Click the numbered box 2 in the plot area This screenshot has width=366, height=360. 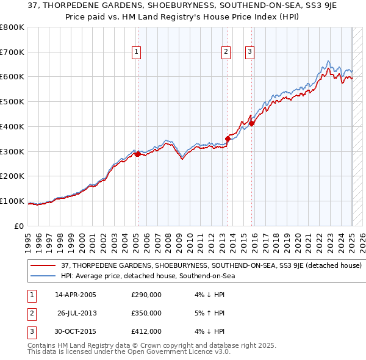click(226, 52)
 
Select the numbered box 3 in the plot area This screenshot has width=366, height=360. click(250, 52)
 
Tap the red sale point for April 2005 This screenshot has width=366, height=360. click(138, 154)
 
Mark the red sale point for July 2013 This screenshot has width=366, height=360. click(228, 139)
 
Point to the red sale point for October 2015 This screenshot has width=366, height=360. click(252, 123)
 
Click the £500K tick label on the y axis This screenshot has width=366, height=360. click(12, 102)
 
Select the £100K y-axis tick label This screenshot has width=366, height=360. click(12, 201)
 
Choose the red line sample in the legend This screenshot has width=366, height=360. click(45, 266)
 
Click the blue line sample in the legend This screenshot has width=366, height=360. click(45, 276)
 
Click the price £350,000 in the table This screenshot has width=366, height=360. click(146, 313)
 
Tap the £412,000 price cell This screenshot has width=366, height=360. click(146, 331)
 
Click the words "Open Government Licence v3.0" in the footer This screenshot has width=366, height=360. click(181, 351)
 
